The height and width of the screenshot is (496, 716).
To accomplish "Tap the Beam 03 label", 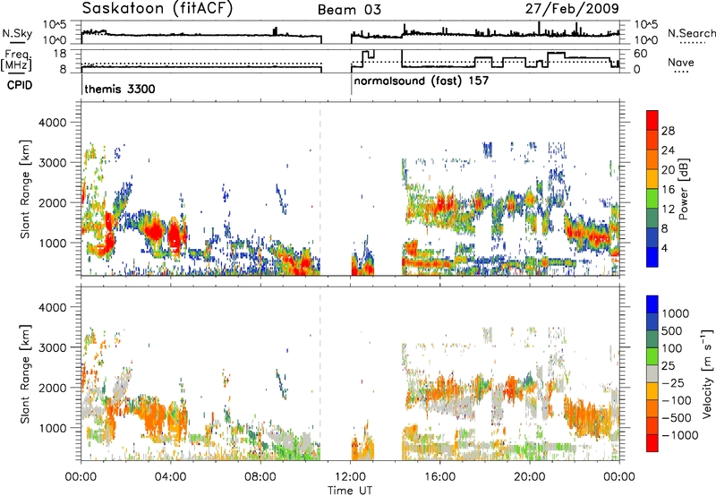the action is (349, 10).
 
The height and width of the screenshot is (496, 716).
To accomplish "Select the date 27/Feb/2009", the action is (572, 9).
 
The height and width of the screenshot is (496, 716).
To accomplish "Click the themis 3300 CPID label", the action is (120, 89).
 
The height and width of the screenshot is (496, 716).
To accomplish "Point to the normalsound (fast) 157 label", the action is (421, 81).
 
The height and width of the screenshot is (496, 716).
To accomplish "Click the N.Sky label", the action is (17, 33).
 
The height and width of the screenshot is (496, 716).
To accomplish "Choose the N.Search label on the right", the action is (691, 33).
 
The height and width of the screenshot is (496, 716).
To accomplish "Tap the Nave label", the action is (681, 63).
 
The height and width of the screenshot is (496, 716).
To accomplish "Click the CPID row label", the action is (20, 85).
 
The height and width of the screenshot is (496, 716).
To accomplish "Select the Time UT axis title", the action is (350, 491).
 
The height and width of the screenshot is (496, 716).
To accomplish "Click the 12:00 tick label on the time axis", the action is (350, 477).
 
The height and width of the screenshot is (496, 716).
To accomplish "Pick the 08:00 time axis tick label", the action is (260, 477).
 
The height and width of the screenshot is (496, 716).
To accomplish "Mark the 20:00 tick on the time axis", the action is (530, 477).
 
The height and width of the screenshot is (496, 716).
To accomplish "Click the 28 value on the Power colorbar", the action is (668, 132).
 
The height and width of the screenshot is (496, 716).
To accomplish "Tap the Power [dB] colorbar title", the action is (683, 189).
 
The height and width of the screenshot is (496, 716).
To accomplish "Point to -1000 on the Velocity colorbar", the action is (680, 435).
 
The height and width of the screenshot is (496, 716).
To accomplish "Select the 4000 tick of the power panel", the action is (53, 123).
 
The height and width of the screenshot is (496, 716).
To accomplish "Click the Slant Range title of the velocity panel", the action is (25, 373).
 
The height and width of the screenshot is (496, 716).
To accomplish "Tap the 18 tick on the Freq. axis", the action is (60, 54).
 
